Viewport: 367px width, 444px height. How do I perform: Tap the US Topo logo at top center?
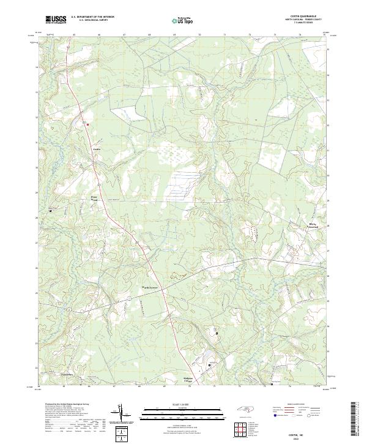pyautogui.click(x=184, y=21)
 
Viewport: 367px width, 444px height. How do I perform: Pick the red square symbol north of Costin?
pyautogui.click(x=87, y=124)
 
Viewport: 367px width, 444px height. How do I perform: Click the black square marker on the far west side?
pyautogui.click(x=50, y=211)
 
